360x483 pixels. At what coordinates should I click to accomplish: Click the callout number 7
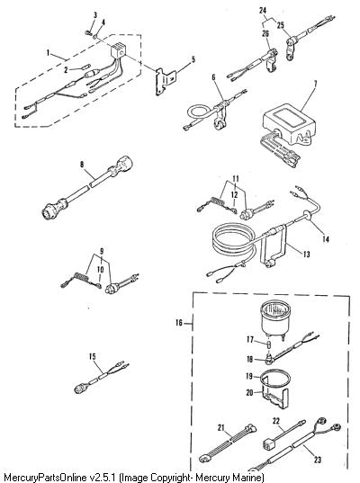tap(315, 84)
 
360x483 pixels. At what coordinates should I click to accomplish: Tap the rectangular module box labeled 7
tap(289, 123)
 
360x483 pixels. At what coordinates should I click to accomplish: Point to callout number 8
tap(82, 165)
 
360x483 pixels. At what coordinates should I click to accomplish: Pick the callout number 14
tap(326, 239)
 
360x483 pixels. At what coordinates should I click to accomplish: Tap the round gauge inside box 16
tap(275, 318)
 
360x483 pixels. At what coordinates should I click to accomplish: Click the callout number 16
tap(179, 323)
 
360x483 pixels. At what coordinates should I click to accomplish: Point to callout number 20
tap(250, 392)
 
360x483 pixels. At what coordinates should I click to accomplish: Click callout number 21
tap(221, 427)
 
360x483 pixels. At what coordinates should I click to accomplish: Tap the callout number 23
tap(318, 460)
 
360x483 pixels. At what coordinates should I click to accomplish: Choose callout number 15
tap(93, 357)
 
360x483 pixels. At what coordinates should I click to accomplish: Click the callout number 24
tap(263, 11)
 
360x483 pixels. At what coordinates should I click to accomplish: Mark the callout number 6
tap(214, 77)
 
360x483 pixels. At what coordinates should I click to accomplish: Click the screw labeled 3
tap(87, 32)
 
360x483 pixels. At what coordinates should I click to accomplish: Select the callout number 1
tap(48, 53)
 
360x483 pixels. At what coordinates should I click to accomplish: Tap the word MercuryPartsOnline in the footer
tap(44, 478)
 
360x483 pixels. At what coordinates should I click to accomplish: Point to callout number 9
tap(102, 251)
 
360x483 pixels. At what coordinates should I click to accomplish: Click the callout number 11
tap(236, 179)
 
